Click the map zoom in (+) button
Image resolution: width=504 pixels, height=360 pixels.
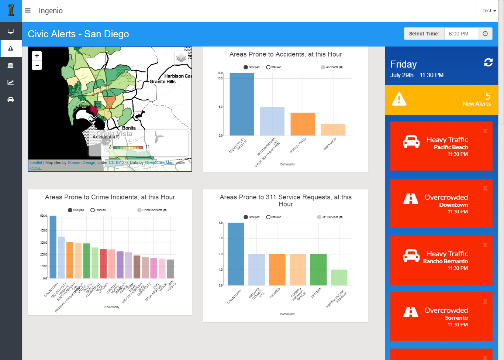37,56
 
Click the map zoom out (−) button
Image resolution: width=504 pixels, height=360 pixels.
37,65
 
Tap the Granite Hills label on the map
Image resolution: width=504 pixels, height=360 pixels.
162,82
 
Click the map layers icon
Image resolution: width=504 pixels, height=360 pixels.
181,58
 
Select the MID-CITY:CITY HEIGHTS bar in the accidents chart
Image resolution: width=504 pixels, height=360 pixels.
242,104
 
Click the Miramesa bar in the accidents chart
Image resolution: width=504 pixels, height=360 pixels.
333,130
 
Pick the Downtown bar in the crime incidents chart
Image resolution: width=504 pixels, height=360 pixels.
53,247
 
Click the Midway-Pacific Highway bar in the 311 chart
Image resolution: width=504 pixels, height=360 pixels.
339,277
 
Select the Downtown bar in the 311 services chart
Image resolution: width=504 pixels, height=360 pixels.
236,254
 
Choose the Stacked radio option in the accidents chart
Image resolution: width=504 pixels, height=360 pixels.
269,67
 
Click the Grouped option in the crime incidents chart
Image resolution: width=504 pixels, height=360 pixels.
70,210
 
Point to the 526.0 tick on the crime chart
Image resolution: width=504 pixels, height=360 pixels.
44,216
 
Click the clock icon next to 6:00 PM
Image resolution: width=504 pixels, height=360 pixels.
485,34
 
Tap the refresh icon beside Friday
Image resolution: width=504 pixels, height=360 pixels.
488,62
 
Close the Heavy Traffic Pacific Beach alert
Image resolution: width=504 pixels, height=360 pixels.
485,131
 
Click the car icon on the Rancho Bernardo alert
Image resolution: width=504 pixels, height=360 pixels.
411,256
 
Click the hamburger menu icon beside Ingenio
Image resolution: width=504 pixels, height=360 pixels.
28,10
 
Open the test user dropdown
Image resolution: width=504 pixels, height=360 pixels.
489,11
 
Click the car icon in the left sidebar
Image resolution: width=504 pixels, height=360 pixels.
11,99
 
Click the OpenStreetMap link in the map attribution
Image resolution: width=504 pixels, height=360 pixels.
159,162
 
